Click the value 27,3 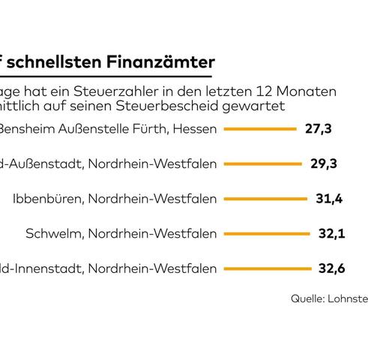319,129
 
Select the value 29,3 323,163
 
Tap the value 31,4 328,199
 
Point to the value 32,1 330,233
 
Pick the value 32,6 331,268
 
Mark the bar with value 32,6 268,268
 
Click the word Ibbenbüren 43,199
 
